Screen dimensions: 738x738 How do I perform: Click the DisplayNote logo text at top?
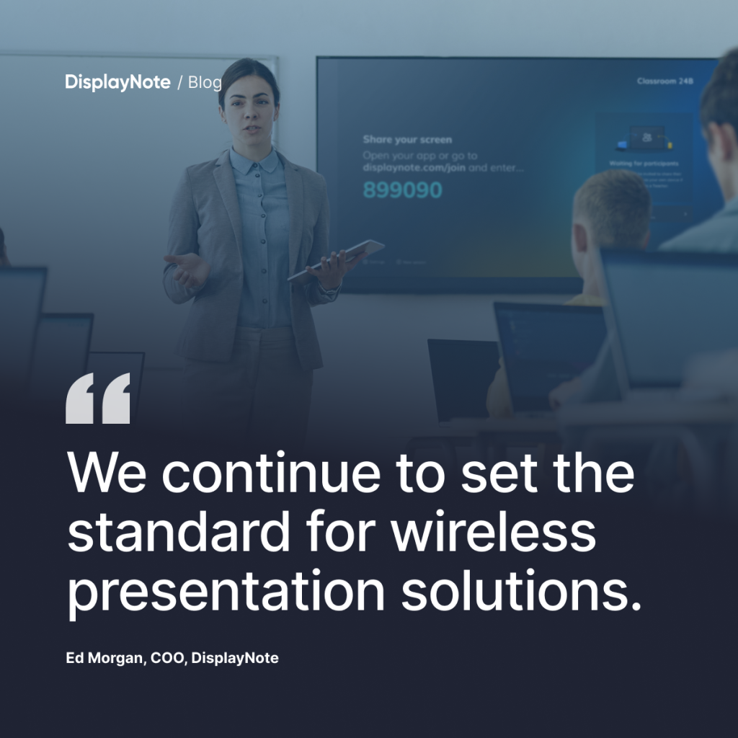[x=117, y=82]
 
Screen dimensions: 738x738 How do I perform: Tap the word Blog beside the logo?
[x=205, y=82]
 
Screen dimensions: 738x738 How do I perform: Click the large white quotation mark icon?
[x=98, y=398]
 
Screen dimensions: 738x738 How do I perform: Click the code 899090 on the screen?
[x=402, y=190]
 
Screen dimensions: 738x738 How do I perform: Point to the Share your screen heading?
[x=407, y=139]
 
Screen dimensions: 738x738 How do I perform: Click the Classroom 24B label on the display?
[x=664, y=81]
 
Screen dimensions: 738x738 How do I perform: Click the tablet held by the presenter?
[x=337, y=259]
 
